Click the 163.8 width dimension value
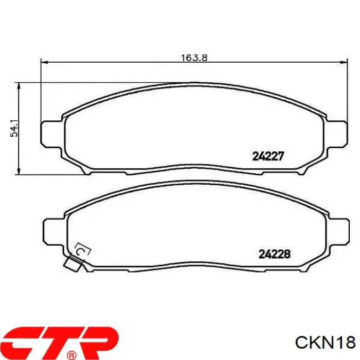[194, 58]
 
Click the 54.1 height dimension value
[14, 128]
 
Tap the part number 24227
[268, 156]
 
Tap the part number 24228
[275, 254]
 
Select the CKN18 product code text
[326, 343]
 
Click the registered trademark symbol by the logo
[71, 355]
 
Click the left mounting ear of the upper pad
[51, 134]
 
